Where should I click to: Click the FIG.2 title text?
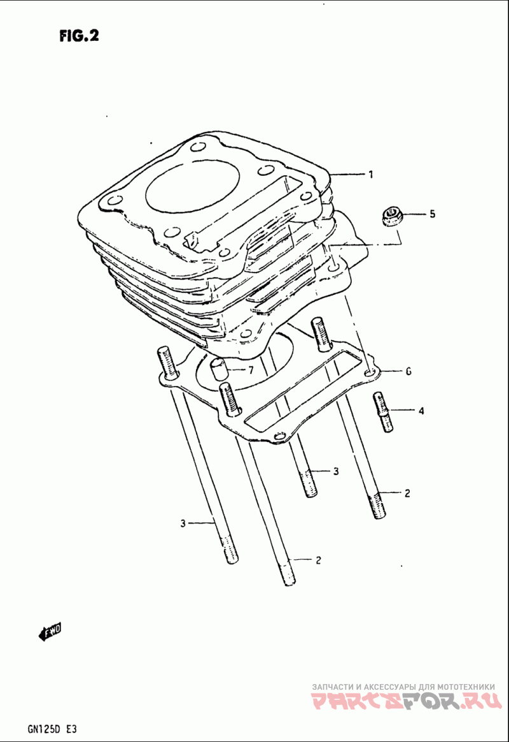coord(80,36)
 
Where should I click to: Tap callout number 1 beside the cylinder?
coord(371,175)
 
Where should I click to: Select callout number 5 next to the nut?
coord(432,214)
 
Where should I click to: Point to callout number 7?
coord(251,369)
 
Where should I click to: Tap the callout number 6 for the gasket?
coord(408,371)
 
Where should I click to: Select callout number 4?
coord(421,410)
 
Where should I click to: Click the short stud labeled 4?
coord(383,411)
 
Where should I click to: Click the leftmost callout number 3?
coord(183,524)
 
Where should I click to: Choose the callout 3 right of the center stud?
coord(335,471)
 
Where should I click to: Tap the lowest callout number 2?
coord(318,560)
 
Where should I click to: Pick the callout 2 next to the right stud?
coord(407,493)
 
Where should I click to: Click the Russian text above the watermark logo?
coord(403,686)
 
